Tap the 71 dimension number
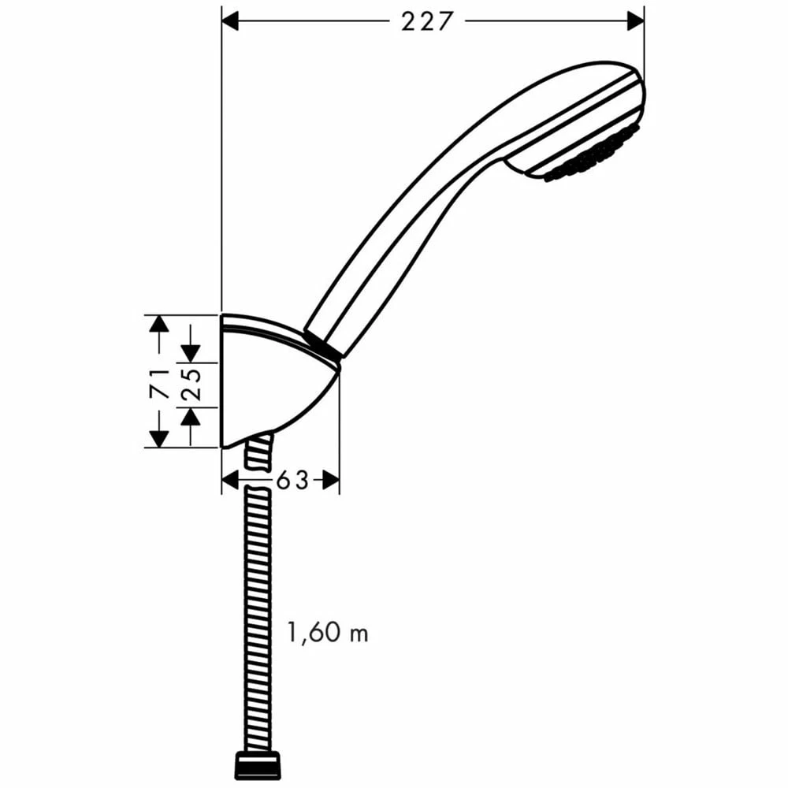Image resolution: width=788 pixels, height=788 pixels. click(x=160, y=381)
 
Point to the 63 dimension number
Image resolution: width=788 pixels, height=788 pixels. click(x=292, y=480)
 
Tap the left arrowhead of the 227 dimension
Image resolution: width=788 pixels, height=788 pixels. click(x=230, y=21)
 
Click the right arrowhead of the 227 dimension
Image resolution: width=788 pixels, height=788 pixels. click(x=635, y=21)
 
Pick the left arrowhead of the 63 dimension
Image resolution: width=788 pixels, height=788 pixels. click(x=230, y=480)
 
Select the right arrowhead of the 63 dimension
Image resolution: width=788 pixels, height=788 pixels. click(x=331, y=480)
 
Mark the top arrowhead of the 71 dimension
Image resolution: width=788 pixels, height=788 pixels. click(x=159, y=323)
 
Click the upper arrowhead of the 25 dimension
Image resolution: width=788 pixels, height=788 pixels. click(x=190, y=354)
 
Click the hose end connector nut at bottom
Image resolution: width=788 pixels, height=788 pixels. click(x=258, y=765)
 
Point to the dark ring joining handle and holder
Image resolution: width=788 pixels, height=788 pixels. click(x=322, y=348)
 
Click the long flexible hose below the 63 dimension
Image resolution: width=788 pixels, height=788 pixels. click(x=258, y=615)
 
